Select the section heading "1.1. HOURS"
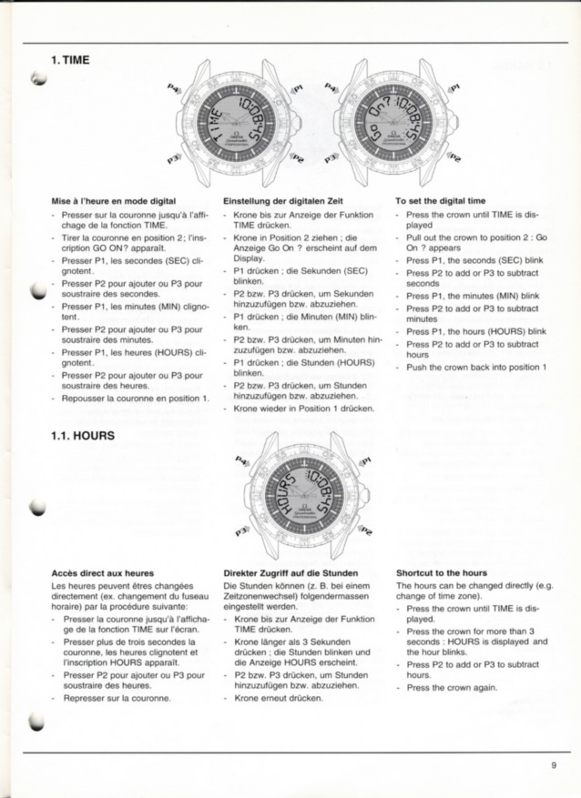click(x=83, y=435)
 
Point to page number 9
click(x=553, y=764)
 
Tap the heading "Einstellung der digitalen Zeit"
click(x=280, y=200)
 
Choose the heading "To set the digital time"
click(x=440, y=200)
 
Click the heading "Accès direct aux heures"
click(x=102, y=573)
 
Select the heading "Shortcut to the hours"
click(x=442, y=573)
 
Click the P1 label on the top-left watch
click(x=294, y=88)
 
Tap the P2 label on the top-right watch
click(x=453, y=159)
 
